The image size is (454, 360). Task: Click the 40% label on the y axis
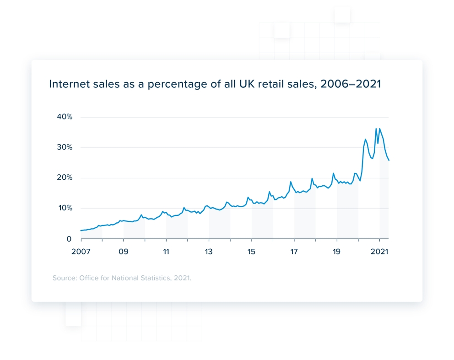pyautogui.click(x=64, y=117)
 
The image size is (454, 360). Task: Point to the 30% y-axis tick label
pyautogui.click(x=64, y=147)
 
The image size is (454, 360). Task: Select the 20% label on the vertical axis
pyautogui.click(x=64, y=178)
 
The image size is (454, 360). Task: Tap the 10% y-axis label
pyautogui.click(x=64, y=208)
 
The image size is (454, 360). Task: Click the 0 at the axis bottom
pyautogui.click(x=69, y=239)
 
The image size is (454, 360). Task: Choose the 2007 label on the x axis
pyautogui.click(x=81, y=252)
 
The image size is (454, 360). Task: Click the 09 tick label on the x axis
pyautogui.click(x=124, y=252)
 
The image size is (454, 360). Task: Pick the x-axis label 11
pyautogui.click(x=166, y=252)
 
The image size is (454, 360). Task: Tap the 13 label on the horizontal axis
pyautogui.click(x=209, y=252)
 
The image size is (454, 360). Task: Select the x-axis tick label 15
pyautogui.click(x=251, y=252)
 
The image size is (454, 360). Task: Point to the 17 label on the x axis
pyautogui.click(x=294, y=252)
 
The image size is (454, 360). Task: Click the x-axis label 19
pyautogui.click(x=337, y=252)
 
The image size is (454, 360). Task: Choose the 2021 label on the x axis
pyautogui.click(x=379, y=252)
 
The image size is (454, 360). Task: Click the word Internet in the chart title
pyautogui.click(x=66, y=84)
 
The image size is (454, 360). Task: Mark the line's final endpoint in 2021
pyautogui.click(x=389, y=160)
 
